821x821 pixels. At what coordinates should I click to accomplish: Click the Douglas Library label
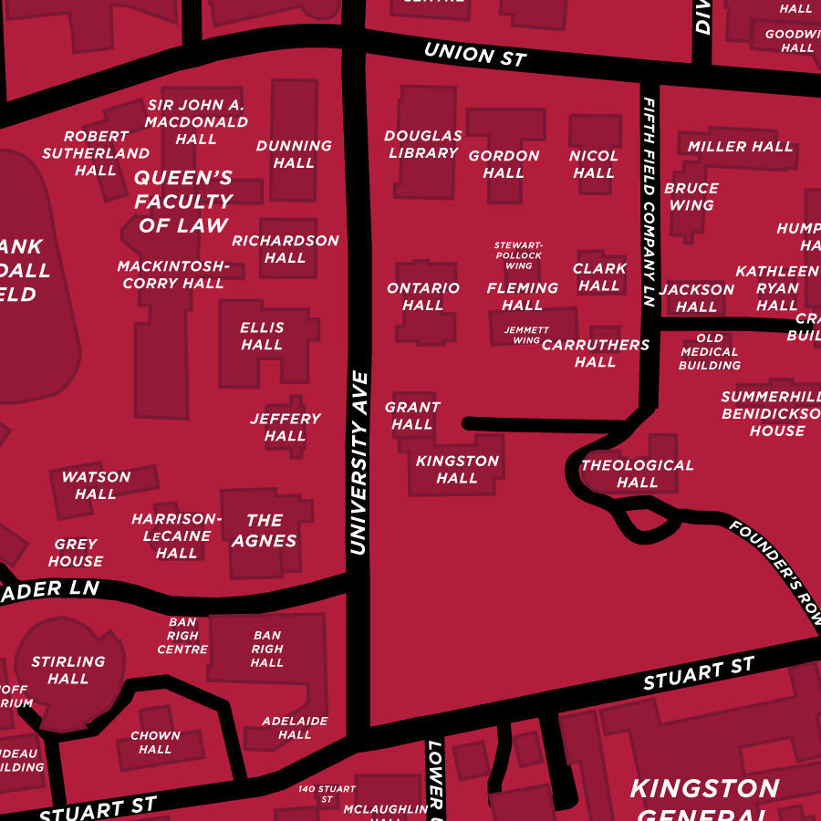pos(423,144)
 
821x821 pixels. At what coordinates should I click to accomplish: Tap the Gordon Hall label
pos(504,164)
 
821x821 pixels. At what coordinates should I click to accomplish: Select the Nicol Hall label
pos(594,164)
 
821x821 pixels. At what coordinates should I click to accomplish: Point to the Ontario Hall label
pos(423,296)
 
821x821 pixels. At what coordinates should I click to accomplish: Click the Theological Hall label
pos(637,473)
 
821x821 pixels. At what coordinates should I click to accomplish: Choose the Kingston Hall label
pos(457,469)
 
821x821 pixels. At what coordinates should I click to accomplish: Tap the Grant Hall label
pos(412,415)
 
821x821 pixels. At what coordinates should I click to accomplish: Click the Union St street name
pos(475,54)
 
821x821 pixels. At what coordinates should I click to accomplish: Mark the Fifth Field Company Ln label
pos(649,202)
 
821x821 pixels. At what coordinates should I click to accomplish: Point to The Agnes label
pos(264,530)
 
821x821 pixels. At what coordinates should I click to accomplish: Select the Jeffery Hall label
pos(286,427)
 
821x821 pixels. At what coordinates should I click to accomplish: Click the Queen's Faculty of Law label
pos(183,201)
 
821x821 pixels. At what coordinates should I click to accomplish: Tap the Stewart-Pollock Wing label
pos(518,255)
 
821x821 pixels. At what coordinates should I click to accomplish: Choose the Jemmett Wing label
pos(526,335)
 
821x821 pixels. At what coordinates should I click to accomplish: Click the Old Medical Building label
pos(709,351)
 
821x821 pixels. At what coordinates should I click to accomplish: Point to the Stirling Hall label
pos(68,670)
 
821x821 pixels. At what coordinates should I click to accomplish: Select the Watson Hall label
pos(96,484)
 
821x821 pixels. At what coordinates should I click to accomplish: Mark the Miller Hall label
pos(740,146)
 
